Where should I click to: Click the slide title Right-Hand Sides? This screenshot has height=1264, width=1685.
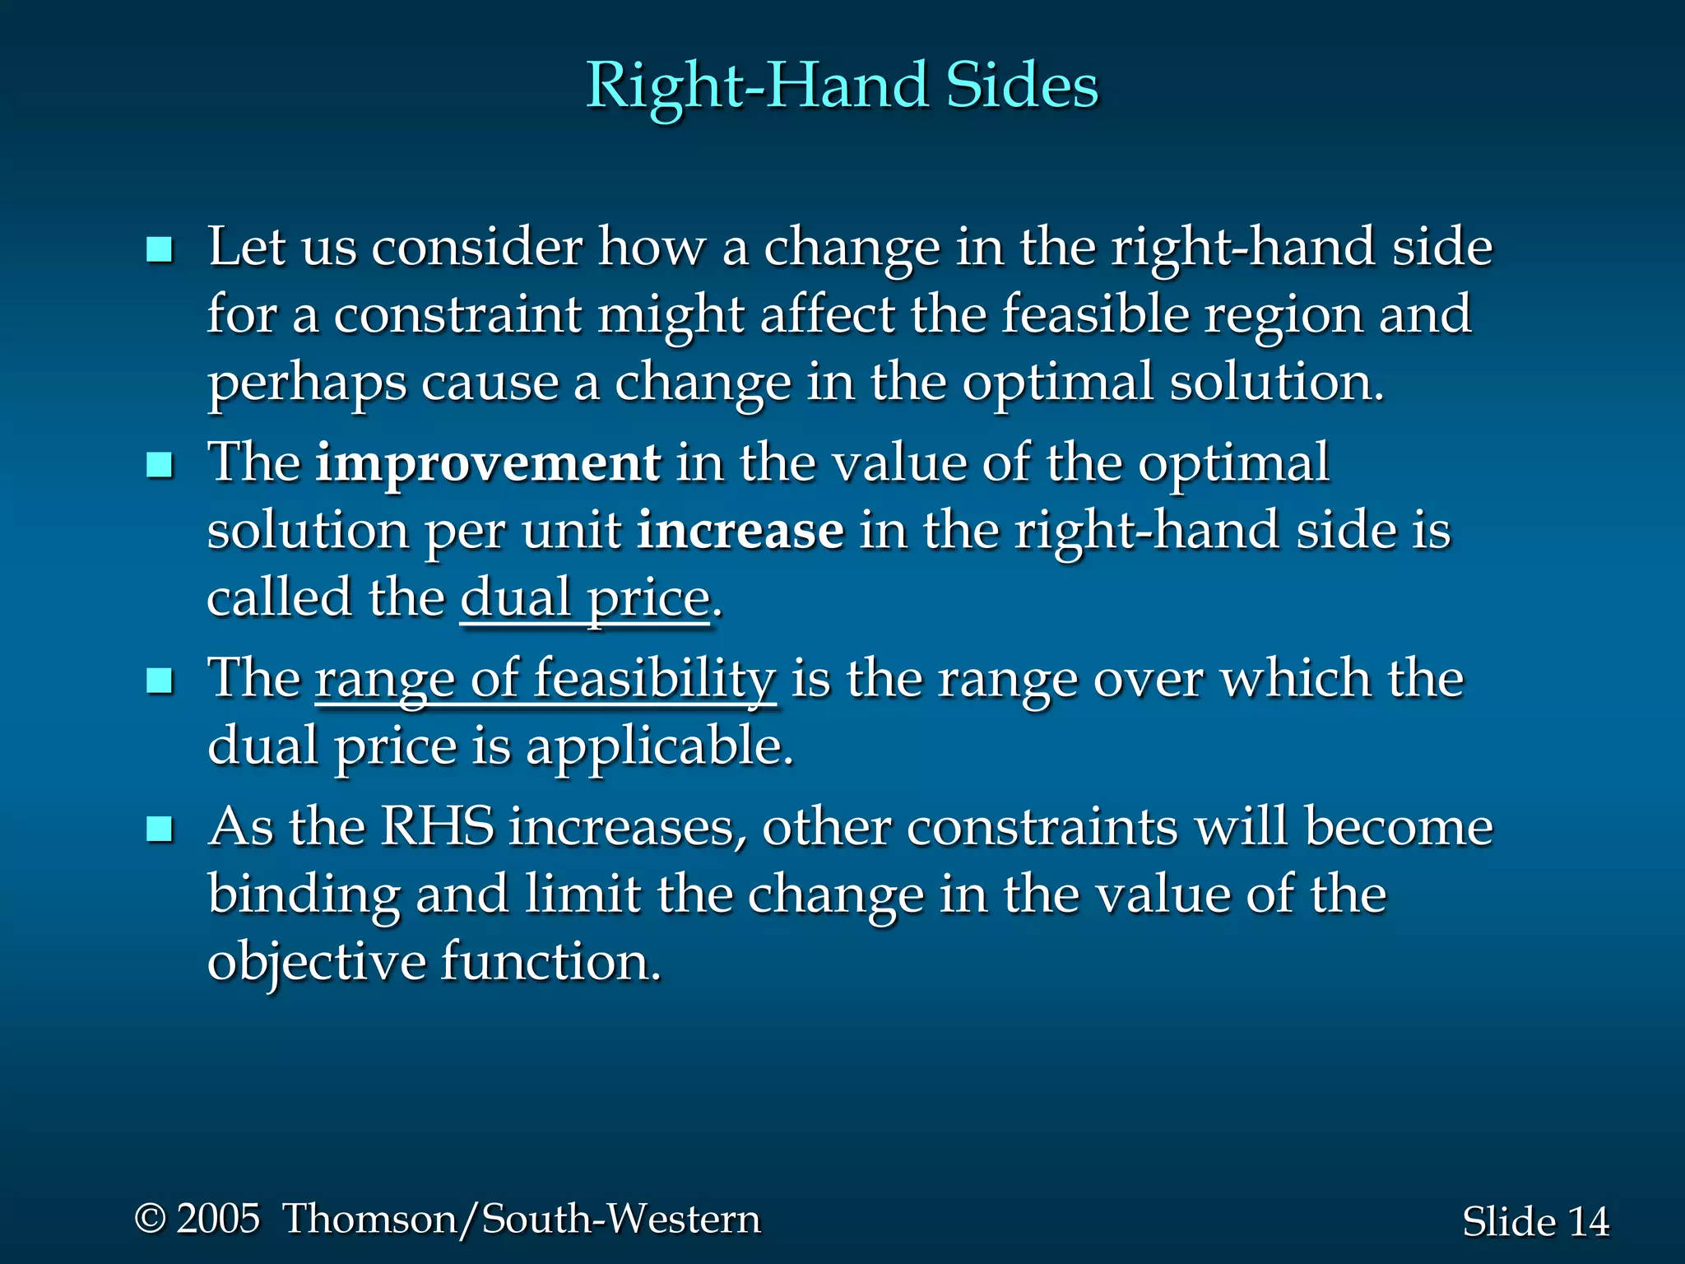[842, 86]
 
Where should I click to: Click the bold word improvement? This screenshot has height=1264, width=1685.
[488, 462]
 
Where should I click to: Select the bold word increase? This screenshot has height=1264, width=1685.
[740, 531]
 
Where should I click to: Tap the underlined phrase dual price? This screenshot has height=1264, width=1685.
[585, 598]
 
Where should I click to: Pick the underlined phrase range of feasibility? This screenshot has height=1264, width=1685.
[545, 680]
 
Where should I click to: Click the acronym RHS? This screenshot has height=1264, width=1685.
[437, 826]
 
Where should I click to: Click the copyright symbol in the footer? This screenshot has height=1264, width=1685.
[151, 1219]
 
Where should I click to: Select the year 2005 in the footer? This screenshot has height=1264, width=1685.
[219, 1219]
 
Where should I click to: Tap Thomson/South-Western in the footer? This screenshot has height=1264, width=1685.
[522, 1219]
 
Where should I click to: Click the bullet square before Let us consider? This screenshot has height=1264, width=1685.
[159, 249]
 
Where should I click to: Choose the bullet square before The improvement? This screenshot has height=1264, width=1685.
[159, 465]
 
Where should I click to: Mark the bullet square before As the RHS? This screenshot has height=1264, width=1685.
[159, 829]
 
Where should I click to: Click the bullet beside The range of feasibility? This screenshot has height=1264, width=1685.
[159, 681]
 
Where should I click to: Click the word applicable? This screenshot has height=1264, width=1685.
[659, 747]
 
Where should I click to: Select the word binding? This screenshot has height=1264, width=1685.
[304, 895]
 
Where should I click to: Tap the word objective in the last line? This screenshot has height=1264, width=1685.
[316, 962]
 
